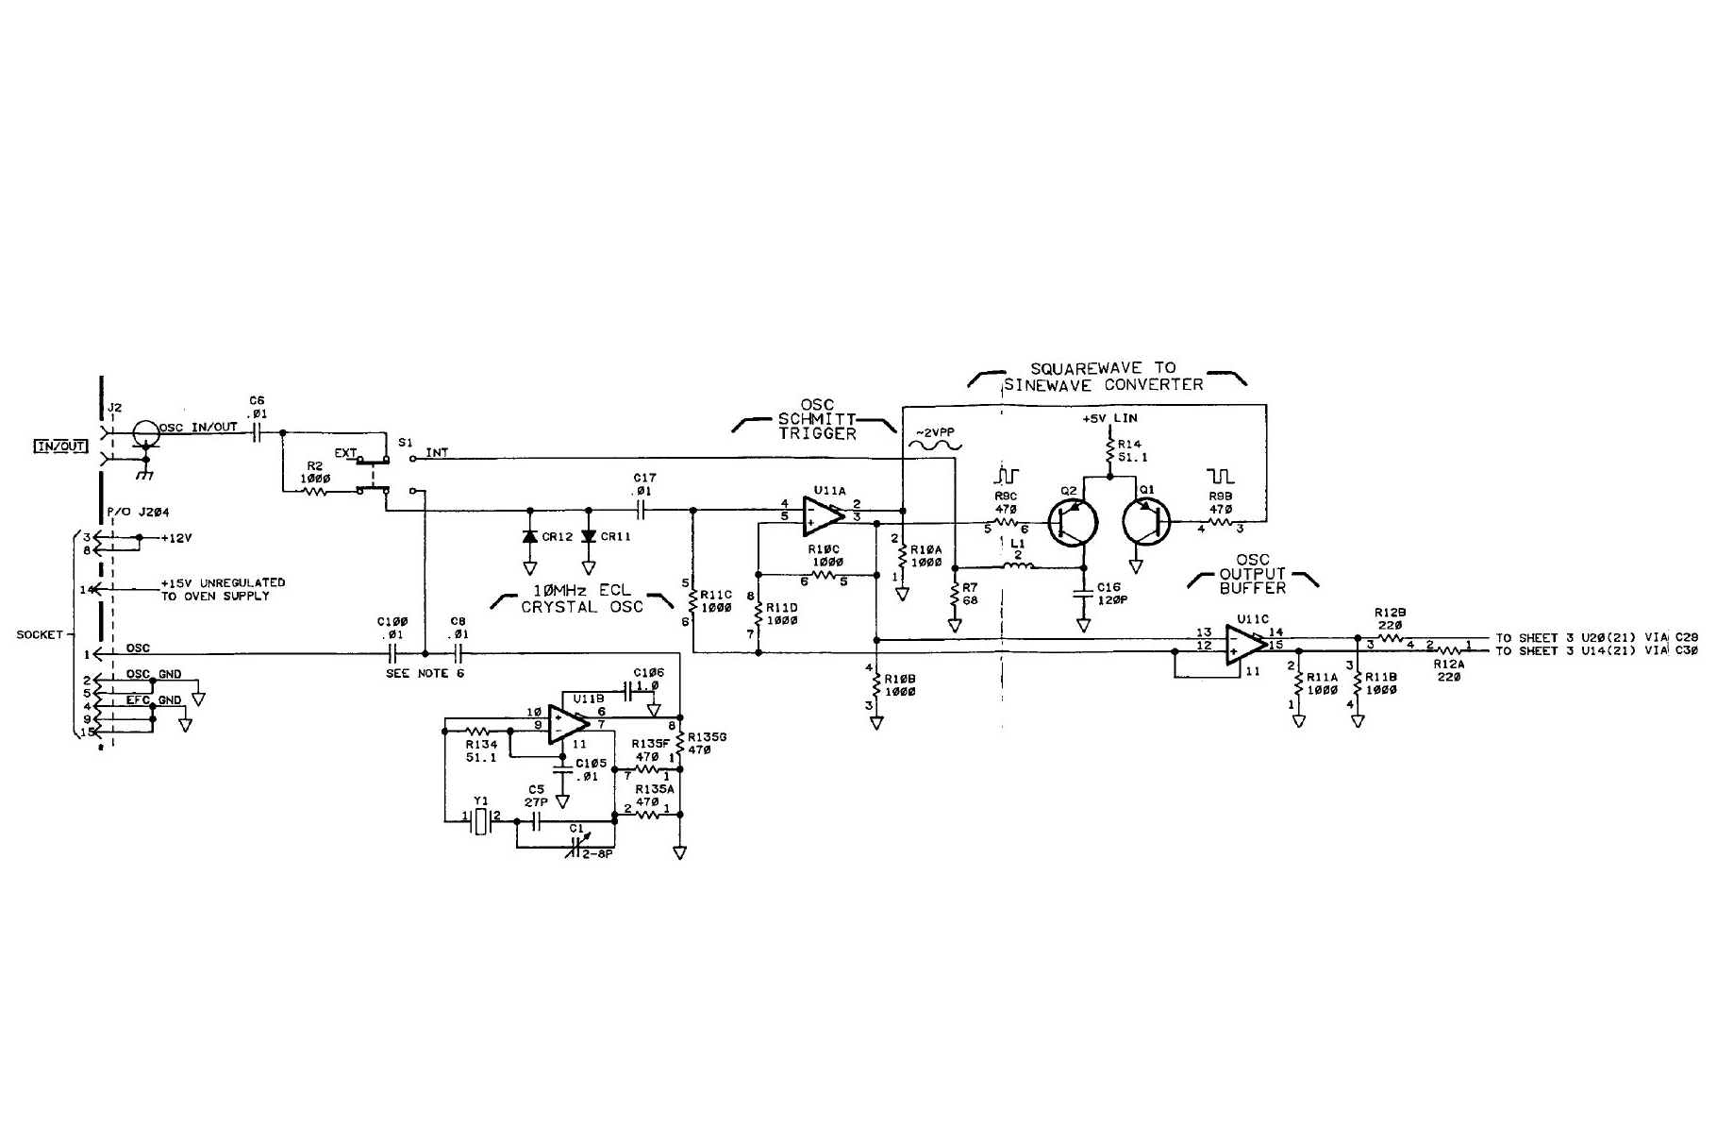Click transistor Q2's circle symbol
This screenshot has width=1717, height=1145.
(x=1075, y=522)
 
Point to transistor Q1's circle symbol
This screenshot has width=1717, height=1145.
(x=1146, y=522)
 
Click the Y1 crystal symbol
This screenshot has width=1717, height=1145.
(x=482, y=821)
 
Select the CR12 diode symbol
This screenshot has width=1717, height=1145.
(x=529, y=536)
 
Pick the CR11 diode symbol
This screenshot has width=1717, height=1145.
(x=589, y=536)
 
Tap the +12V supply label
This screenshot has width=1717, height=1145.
(x=176, y=538)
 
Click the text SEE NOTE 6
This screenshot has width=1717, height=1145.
(x=425, y=673)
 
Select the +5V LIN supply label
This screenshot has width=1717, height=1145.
(x=1110, y=417)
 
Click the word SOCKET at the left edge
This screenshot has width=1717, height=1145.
(x=39, y=634)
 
